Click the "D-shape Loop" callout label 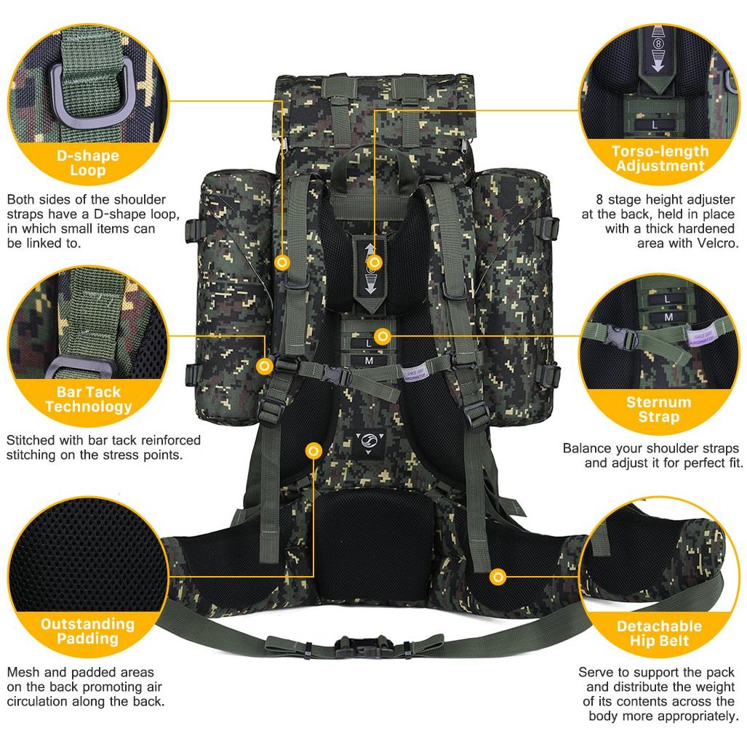(88, 163)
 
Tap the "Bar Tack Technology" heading (89, 399)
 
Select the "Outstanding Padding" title (88, 631)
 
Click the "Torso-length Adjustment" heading (660, 159)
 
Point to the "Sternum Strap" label (659, 410)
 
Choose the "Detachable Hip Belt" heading (659, 633)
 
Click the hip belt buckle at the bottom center (364, 647)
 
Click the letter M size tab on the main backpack (369, 361)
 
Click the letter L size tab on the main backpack (368, 343)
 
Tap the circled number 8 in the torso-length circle (658, 44)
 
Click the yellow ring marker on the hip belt (498, 578)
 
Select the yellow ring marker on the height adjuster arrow (375, 263)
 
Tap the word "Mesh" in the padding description (23, 672)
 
